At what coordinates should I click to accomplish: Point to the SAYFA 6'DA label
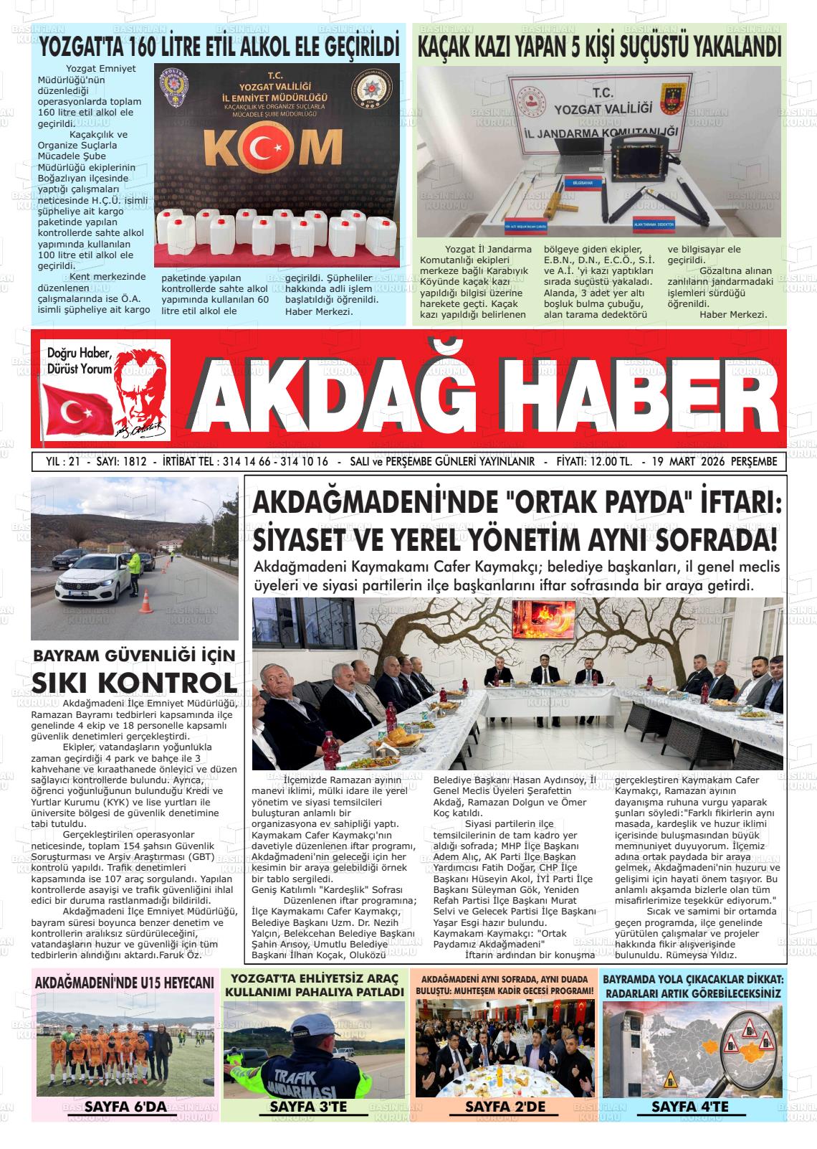(x=125, y=1107)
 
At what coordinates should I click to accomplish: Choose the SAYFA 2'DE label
(x=505, y=1107)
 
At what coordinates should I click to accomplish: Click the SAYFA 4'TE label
(x=689, y=1107)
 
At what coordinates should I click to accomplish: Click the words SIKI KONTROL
(x=135, y=681)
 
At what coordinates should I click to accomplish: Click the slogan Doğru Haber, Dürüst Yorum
(x=79, y=361)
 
